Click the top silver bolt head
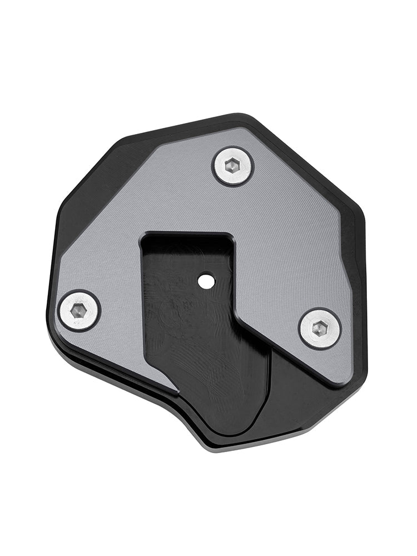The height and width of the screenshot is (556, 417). point(233,166)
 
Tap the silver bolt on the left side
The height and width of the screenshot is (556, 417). point(79,311)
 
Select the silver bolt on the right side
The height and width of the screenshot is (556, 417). point(320,329)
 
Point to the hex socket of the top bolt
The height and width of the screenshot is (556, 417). point(233,166)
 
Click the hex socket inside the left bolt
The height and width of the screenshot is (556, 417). point(79,311)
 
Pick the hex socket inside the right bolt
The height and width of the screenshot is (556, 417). point(320,329)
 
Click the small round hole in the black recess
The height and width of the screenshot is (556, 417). point(207,281)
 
